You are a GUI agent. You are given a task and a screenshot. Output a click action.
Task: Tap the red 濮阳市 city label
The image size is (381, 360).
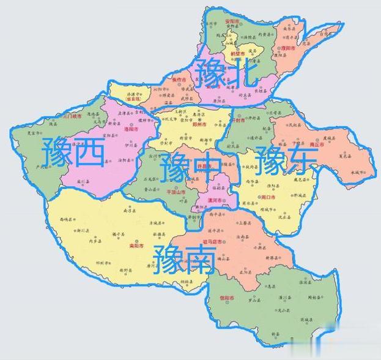pyautogui.click(x=289, y=48)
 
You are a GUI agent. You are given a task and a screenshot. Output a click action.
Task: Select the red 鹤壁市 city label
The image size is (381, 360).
pyautogui.click(x=237, y=54)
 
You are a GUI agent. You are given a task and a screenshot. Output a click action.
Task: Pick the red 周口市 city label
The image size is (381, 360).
pyautogui.click(x=268, y=197)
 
